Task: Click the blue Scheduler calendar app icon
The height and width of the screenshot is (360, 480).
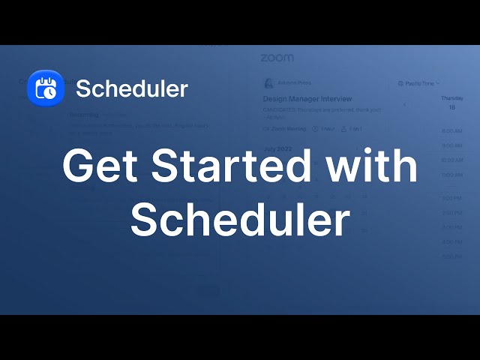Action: pyautogui.click(x=45, y=88)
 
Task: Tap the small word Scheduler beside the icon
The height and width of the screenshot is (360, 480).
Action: pyautogui.click(x=132, y=88)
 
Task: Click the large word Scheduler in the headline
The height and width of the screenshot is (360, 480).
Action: pyautogui.click(x=240, y=219)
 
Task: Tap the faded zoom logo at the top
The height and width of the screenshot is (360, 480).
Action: pyautogui.click(x=277, y=58)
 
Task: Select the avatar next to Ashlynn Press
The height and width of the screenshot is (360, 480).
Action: pyautogui.click(x=268, y=82)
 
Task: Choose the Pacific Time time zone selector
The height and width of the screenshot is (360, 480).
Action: pyautogui.click(x=421, y=83)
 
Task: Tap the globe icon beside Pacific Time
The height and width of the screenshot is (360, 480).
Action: pyautogui.click(x=400, y=83)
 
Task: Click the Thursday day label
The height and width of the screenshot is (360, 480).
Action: pyautogui.click(x=451, y=97)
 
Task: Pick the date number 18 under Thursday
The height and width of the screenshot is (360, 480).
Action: pyautogui.click(x=451, y=107)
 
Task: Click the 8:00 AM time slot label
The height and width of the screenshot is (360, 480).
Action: pyautogui.click(x=451, y=131)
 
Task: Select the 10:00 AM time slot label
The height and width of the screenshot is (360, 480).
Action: pyautogui.click(x=451, y=160)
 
